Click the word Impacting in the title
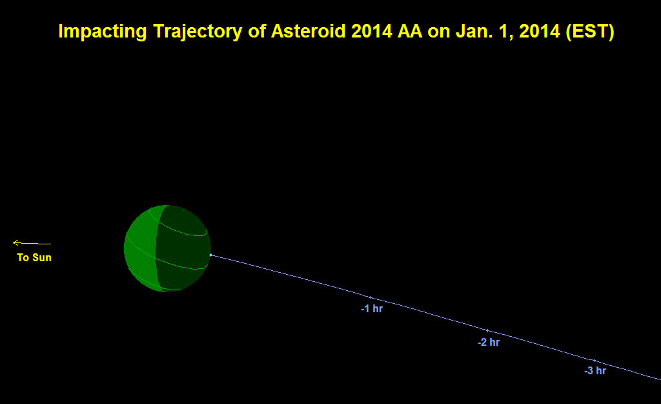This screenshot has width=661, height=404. pyautogui.click(x=103, y=32)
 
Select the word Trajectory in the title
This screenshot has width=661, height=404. pyautogui.click(x=198, y=32)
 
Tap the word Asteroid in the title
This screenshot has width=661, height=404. pyautogui.click(x=308, y=31)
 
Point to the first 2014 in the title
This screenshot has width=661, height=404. pyautogui.click(x=371, y=31)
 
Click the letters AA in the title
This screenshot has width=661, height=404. pyautogui.click(x=410, y=31)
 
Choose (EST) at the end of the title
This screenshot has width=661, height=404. pyautogui.click(x=590, y=32)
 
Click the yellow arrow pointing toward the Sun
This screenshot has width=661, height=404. pyautogui.click(x=32, y=243)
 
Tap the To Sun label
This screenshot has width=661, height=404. pyautogui.click(x=34, y=257)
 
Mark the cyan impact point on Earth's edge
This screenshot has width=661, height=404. pyautogui.click(x=211, y=255)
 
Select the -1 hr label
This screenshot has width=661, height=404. pyautogui.click(x=372, y=308)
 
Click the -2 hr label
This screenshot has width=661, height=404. pyautogui.click(x=489, y=343)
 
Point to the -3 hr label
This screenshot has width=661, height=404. pyautogui.click(x=595, y=370)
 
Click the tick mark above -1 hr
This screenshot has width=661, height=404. pyautogui.click(x=371, y=298)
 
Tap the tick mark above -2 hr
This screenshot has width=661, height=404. pyautogui.click(x=488, y=330)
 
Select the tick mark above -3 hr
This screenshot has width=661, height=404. pyautogui.click(x=594, y=361)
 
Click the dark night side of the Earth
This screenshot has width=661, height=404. pyautogui.click(x=183, y=249)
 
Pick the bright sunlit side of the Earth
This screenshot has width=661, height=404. pyautogui.click(x=140, y=249)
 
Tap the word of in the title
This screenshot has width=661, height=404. pyautogui.click(x=257, y=31)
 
